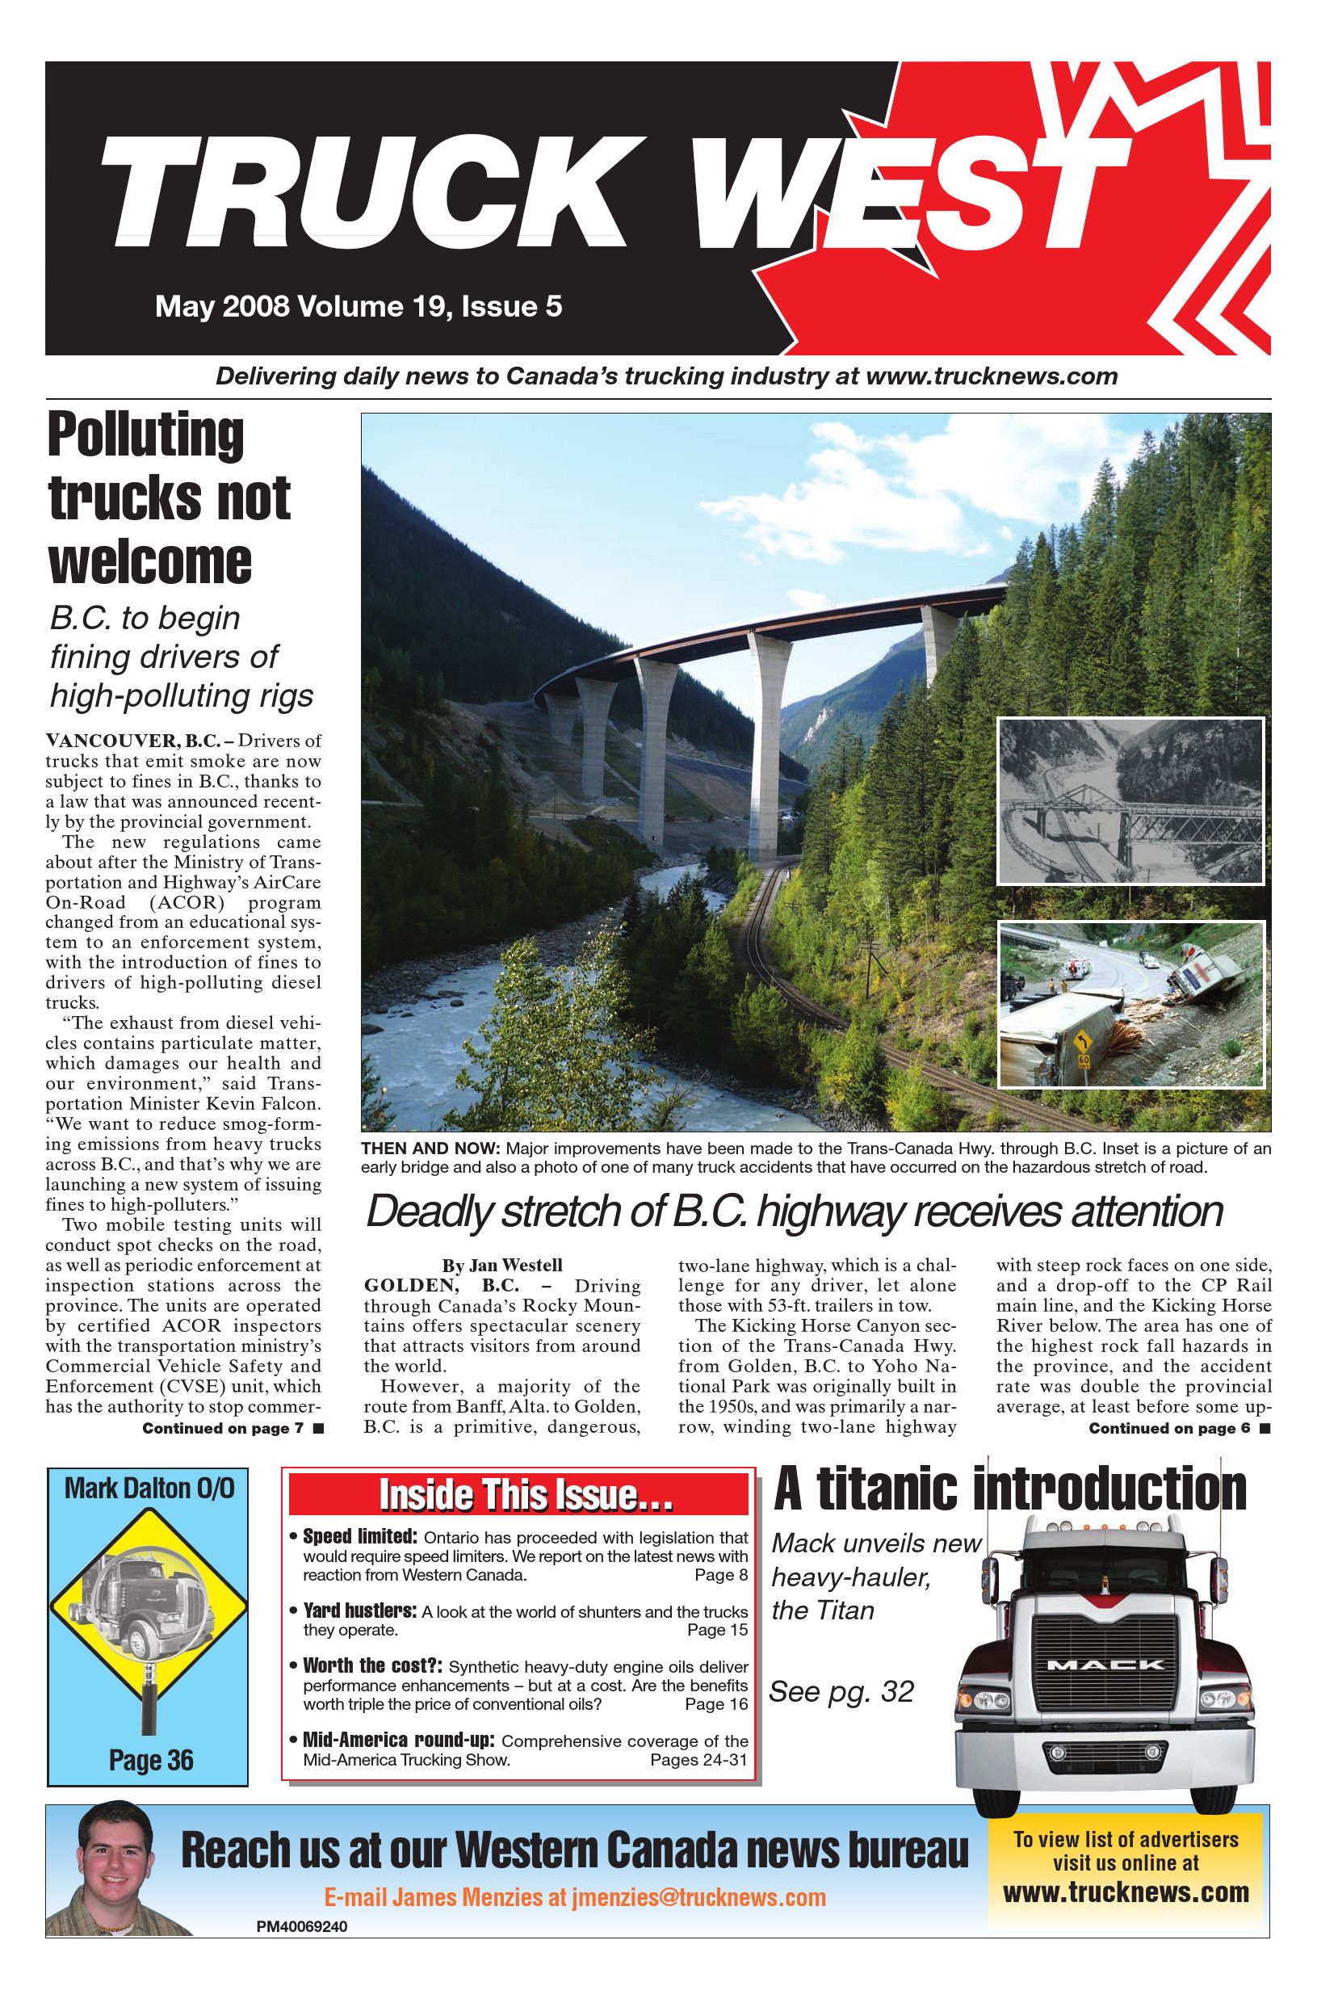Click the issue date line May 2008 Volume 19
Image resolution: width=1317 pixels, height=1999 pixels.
358,307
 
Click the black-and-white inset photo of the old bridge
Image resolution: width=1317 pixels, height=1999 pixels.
1130,801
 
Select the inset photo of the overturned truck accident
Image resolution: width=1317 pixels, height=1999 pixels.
1130,1004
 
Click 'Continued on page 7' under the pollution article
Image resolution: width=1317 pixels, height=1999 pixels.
223,1428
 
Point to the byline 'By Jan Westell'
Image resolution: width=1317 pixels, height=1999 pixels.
502,1265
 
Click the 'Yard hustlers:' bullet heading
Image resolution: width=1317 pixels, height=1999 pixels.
359,1612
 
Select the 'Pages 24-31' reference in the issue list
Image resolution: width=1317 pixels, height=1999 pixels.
698,1760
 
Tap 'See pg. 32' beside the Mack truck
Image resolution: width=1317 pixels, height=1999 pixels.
841,1691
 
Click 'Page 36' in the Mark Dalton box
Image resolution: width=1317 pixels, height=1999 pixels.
151,1760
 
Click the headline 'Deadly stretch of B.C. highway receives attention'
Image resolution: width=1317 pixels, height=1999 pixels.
794,1212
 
